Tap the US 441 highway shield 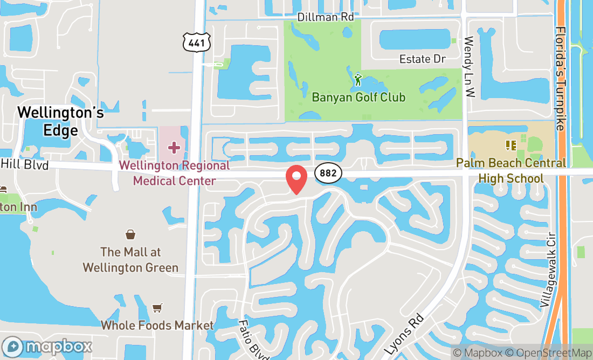pyautogui.click(x=196, y=42)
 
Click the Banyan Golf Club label pyautogui.click(x=358, y=98)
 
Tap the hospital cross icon pyautogui.click(x=174, y=147)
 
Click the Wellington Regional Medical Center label pyautogui.click(x=174, y=173)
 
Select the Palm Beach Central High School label pyautogui.click(x=511, y=170)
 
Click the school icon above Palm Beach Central pyautogui.click(x=511, y=145)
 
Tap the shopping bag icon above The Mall pyautogui.click(x=130, y=234)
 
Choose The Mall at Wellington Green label pyautogui.click(x=130, y=259)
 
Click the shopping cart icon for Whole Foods pyautogui.click(x=157, y=308)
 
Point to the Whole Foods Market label pyautogui.click(x=157, y=325)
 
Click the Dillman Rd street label pyautogui.click(x=326, y=17)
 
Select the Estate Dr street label pyautogui.click(x=422, y=59)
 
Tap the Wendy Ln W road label pyautogui.click(x=468, y=67)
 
